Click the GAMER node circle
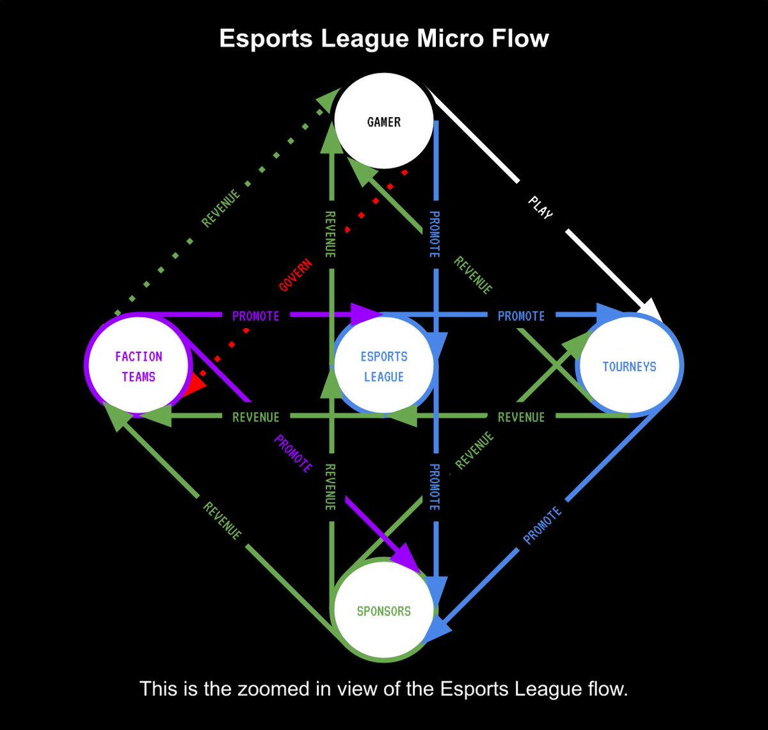(384, 122)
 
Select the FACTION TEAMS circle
(138, 366)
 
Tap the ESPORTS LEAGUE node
(384, 366)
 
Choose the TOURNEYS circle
(629, 367)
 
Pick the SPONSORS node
(384, 611)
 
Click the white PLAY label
(541, 208)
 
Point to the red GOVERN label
(296, 275)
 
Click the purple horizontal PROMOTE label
(255, 316)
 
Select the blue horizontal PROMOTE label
(521, 316)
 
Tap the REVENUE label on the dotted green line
(221, 208)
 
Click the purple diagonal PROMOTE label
(293, 454)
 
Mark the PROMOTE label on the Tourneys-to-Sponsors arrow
(542, 525)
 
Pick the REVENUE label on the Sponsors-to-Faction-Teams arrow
(222, 520)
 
